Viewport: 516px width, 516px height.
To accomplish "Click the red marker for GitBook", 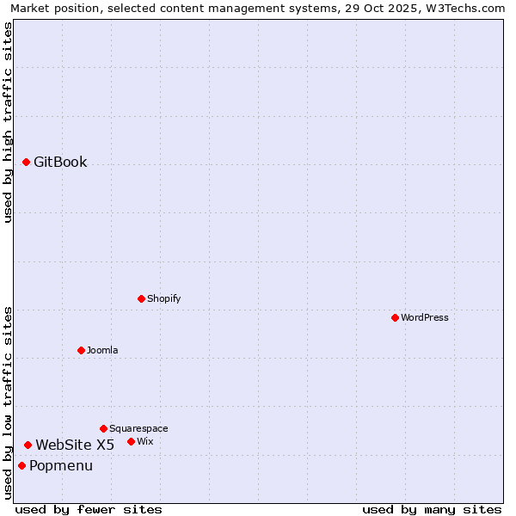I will coord(26,162).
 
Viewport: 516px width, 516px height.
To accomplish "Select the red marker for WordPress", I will coord(395,317).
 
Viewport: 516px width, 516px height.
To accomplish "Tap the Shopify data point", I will coord(141,298).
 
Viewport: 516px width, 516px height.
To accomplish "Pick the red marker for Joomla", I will coord(81,350).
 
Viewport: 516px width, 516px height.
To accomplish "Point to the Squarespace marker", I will coord(103,428).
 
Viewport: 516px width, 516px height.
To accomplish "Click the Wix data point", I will coord(131,441).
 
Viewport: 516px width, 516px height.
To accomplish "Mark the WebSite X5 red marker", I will coord(28,445).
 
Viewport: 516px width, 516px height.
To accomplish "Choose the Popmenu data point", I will coord(21,465).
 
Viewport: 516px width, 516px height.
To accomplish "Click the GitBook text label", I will coord(60,162).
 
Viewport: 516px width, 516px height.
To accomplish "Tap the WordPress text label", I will coord(425,317).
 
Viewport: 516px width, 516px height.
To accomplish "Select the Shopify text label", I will coord(163,298).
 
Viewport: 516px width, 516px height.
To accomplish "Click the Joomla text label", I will coord(102,350).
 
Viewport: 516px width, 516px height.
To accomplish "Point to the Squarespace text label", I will coord(138,428).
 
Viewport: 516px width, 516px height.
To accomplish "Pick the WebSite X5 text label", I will coord(75,445).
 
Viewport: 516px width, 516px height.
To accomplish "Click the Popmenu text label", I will coord(61,465).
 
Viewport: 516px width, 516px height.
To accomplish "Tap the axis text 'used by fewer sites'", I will coord(89,509).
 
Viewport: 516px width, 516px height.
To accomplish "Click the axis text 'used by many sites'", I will coord(432,509).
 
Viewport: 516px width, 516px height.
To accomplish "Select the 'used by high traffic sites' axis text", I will coord(8,122).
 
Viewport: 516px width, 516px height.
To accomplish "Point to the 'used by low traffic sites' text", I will coord(8,402).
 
